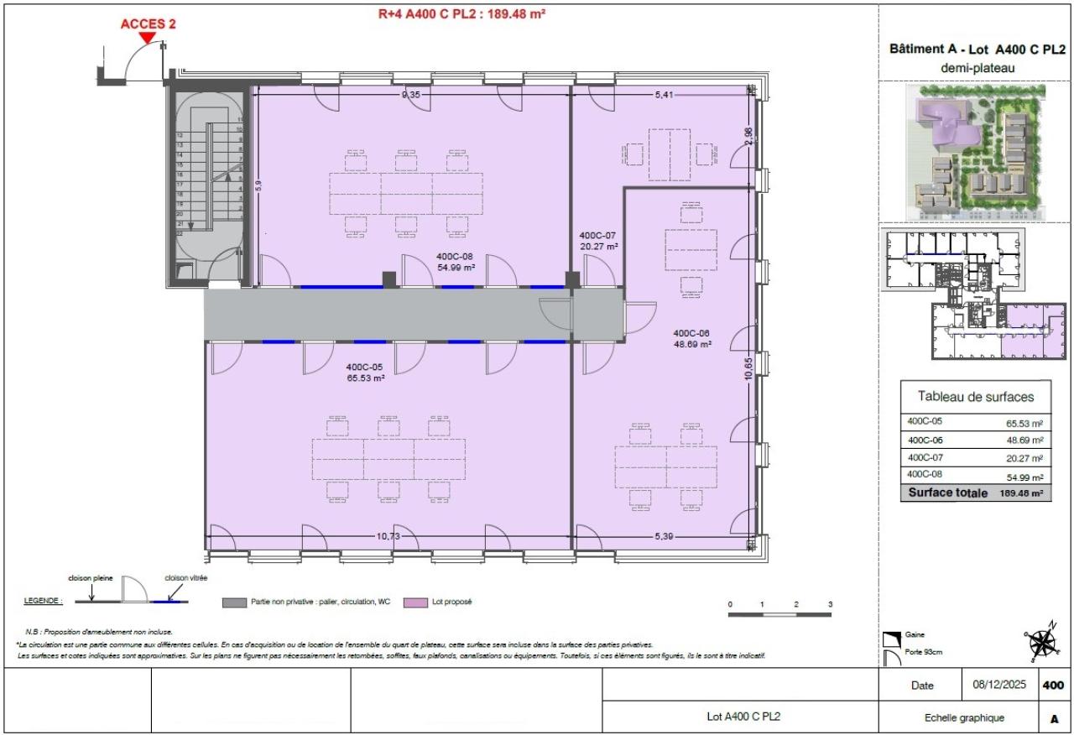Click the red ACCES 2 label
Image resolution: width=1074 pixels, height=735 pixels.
coord(148,23)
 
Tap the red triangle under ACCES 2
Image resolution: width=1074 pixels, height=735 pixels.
coord(148,37)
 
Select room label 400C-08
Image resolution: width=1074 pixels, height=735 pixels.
coord(456,257)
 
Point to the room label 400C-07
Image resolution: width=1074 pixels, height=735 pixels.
coord(599,236)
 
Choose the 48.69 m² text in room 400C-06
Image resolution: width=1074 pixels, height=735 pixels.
coord(692,344)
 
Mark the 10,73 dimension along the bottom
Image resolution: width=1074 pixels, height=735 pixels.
coord(387,535)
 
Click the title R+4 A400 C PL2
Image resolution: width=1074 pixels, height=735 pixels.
coord(463,13)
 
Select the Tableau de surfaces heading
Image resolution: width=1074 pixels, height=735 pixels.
coord(976,397)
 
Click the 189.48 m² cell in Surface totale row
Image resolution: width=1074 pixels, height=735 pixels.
coord(1022,493)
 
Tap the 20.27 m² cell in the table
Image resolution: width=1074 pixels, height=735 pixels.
coord(1025,458)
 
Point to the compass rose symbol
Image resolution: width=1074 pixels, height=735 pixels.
coord(1042,644)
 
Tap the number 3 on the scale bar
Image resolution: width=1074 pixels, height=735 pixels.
coord(829,604)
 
